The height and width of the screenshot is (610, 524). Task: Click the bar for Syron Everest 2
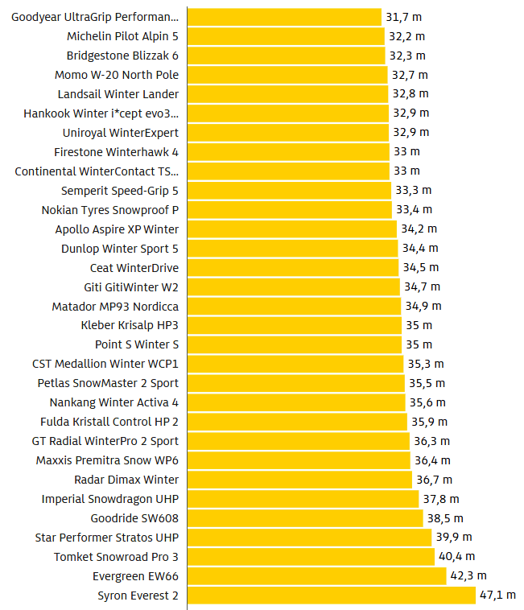[x=330, y=596]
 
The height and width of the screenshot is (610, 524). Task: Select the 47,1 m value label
[x=499, y=596]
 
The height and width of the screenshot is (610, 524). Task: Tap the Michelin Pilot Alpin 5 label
[x=123, y=36]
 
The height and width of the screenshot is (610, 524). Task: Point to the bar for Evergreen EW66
[x=316, y=576]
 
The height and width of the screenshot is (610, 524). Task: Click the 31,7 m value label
[x=404, y=17]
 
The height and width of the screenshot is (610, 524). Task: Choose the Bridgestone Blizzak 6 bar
[x=286, y=56]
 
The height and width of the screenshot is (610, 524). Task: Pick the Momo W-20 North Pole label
[x=117, y=75]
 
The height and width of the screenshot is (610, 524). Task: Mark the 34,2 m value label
[x=419, y=229]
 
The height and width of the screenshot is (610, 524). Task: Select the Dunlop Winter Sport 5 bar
[x=292, y=249]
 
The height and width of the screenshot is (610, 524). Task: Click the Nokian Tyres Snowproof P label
[x=110, y=210]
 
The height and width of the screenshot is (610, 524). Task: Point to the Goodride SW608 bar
[x=305, y=518]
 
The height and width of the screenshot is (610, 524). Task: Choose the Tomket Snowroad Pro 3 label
[x=117, y=557]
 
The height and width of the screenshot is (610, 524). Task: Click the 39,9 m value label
[x=455, y=538]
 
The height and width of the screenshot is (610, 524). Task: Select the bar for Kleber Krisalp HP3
[x=294, y=325]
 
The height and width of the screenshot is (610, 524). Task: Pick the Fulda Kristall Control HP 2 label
[x=109, y=422]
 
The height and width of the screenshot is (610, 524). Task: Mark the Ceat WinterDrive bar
[x=293, y=268]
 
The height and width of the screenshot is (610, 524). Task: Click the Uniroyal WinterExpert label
[x=121, y=133]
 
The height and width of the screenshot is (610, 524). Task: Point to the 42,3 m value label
[x=468, y=576]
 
